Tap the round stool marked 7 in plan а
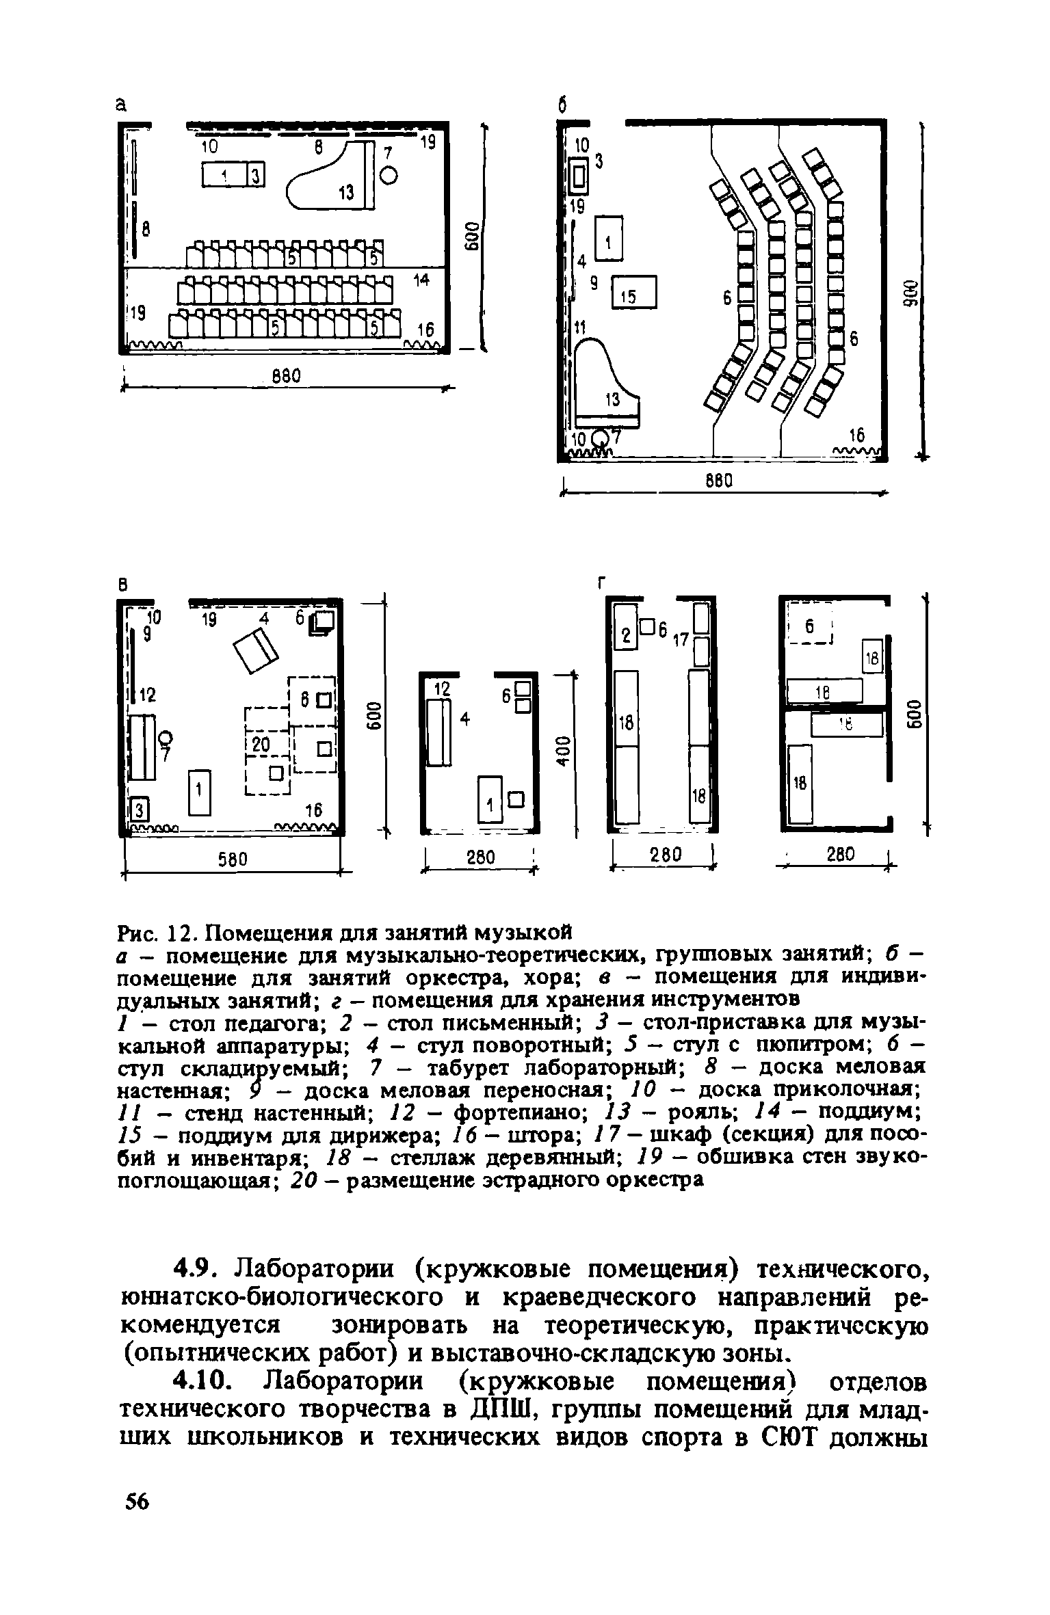pyautogui.click(x=388, y=176)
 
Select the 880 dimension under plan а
pyautogui.click(x=283, y=377)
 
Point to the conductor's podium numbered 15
pyautogui.click(x=633, y=292)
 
